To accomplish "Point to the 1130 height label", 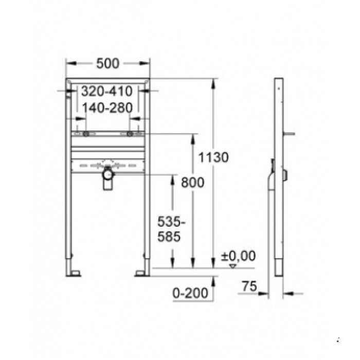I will point(214,157).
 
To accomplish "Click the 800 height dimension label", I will point(193,182).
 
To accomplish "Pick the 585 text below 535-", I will point(169,239).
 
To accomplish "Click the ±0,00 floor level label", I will point(238,256).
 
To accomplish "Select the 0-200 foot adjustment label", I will point(191,293).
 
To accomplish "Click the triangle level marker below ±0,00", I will point(234,266).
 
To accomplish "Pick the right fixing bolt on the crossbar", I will point(129,134).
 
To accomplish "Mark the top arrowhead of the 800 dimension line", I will point(193,137).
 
